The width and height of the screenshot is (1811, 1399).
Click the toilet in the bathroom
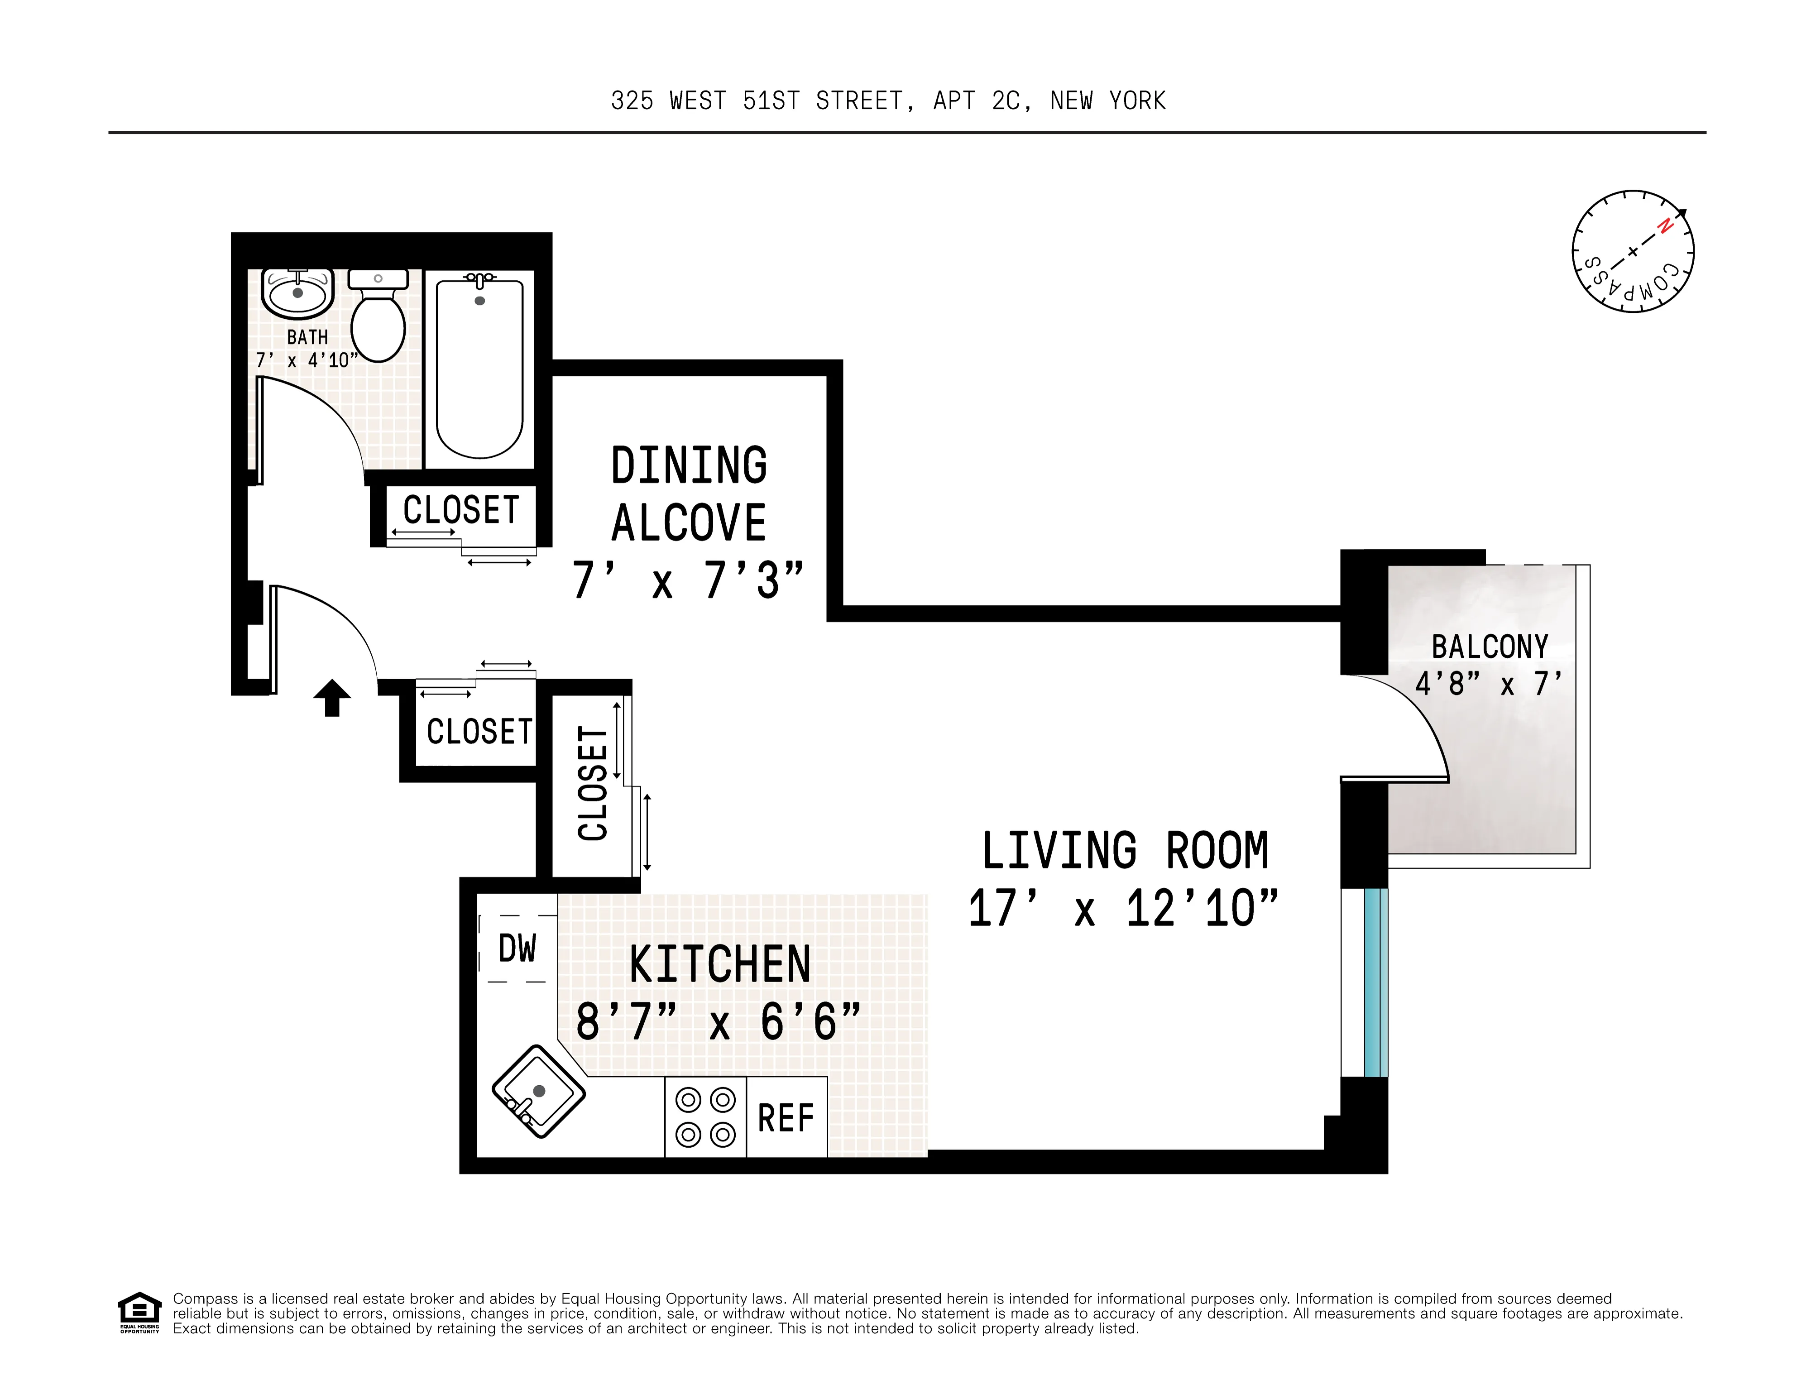[x=378, y=319]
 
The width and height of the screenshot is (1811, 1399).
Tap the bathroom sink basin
[x=298, y=293]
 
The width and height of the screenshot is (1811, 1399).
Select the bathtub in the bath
[x=479, y=369]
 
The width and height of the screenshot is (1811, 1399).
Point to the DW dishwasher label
[x=517, y=949]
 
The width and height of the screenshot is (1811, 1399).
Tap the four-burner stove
[x=706, y=1117]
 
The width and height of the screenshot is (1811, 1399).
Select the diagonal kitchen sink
[x=538, y=1091]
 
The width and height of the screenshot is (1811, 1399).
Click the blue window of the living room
[x=1375, y=983]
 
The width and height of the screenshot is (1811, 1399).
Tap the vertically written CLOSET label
[x=594, y=784]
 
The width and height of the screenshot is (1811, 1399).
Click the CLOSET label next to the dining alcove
[x=461, y=510]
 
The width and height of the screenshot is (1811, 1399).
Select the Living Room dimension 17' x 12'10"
[x=1124, y=909]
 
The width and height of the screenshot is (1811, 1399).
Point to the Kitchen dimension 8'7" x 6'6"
[x=718, y=1022]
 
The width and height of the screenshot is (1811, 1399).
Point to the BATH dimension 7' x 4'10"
[x=307, y=360]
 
